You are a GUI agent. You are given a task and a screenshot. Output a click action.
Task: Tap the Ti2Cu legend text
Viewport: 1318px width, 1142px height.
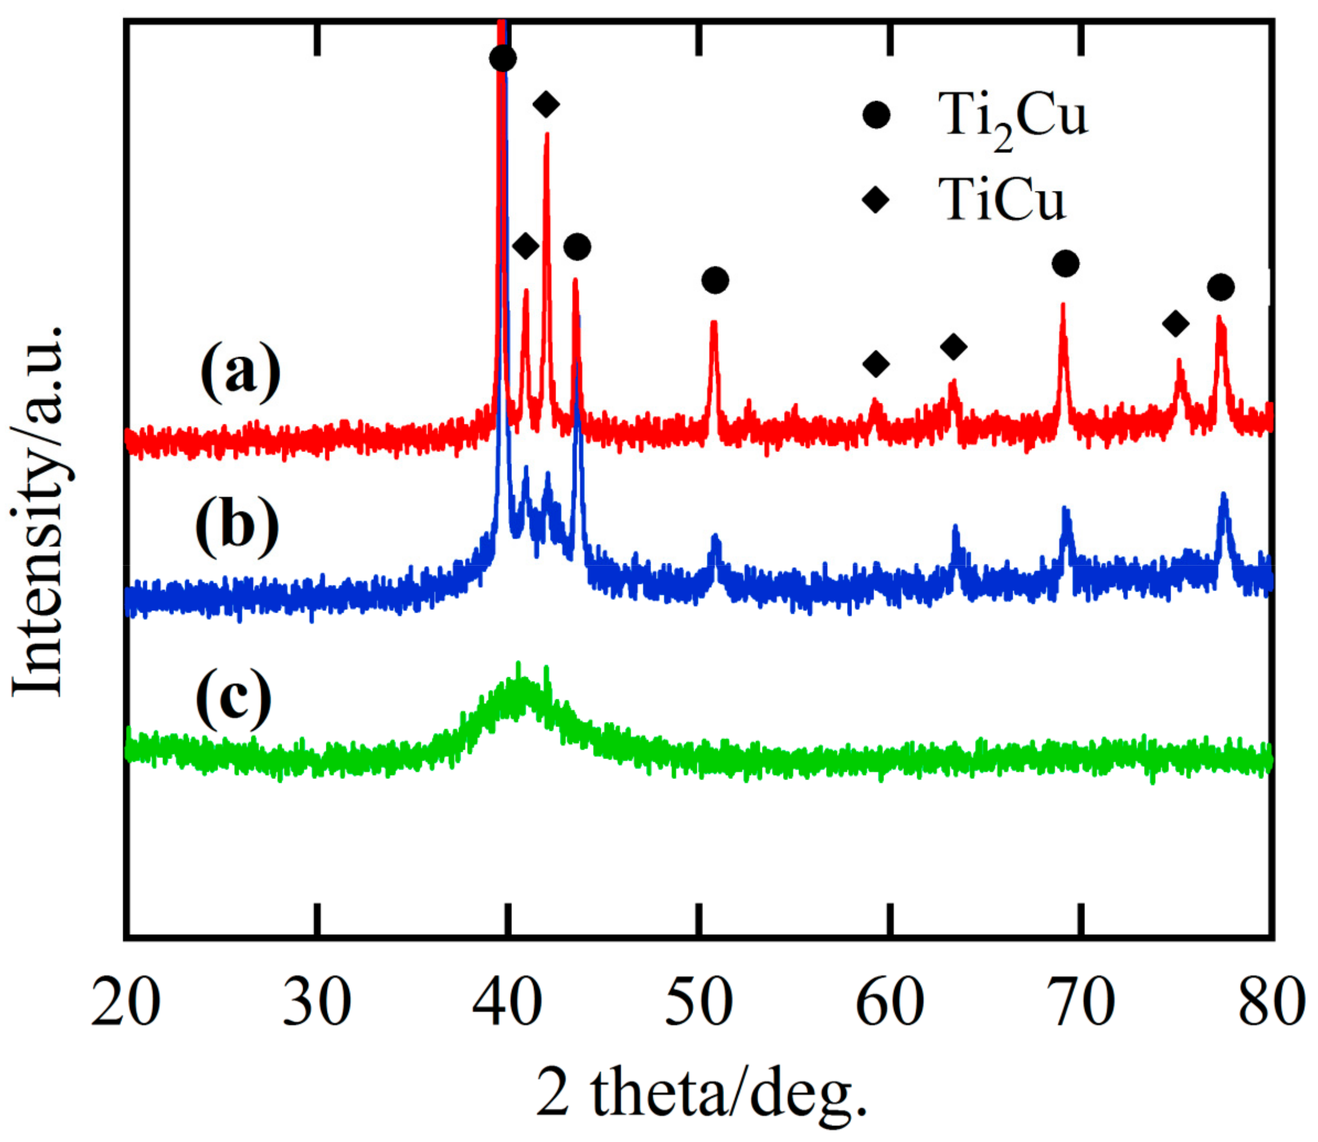[x=1013, y=118]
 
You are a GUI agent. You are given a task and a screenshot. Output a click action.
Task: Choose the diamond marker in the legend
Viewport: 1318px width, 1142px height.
[x=876, y=201]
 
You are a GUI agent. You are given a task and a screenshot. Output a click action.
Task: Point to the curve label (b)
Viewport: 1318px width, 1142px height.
[x=237, y=527]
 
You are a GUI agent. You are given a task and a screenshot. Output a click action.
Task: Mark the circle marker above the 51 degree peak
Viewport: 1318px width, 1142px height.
[x=715, y=280]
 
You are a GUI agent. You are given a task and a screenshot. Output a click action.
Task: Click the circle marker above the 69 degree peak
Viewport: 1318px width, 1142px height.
[x=1066, y=263]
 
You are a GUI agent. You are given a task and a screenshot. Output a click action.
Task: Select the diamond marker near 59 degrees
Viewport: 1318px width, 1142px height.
[x=876, y=364]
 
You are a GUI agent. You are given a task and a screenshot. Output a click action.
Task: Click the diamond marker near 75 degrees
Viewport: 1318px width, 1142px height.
[x=1176, y=324]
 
